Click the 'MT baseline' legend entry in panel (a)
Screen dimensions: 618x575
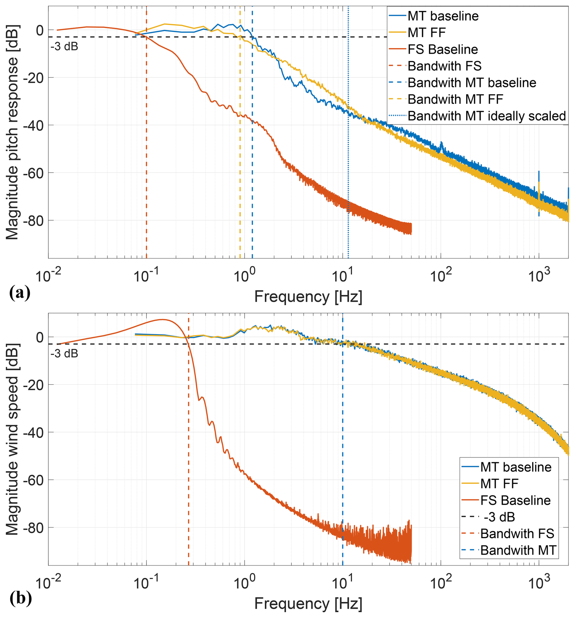click(443, 16)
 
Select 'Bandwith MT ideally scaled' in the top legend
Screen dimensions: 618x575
click(486, 116)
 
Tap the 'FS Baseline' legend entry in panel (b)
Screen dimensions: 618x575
click(515, 500)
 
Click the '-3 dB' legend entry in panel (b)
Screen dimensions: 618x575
click(499, 517)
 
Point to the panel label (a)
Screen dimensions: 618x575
click(20, 293)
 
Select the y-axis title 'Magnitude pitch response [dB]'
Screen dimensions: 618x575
click(12, 132)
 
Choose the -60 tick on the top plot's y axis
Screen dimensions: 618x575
click(35, 173)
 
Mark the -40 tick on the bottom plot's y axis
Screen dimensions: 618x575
click(35, 432)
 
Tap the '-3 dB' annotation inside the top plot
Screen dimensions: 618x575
click(64, 46)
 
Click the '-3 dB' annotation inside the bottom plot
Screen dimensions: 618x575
click(64, 353)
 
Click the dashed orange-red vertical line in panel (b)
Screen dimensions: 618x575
click(188, 466)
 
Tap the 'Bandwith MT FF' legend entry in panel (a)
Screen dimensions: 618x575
click(455, 99)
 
